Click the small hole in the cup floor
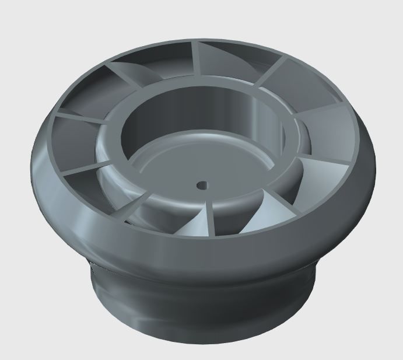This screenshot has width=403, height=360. (201, 185)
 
